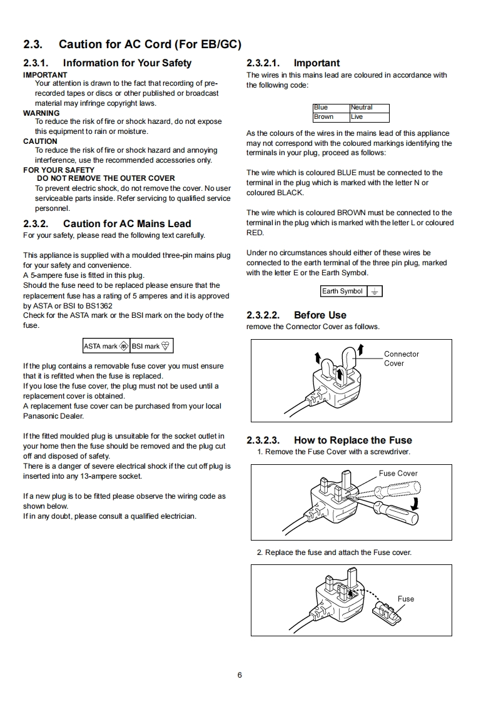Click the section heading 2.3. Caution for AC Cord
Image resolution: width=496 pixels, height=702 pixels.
tap(132, 44)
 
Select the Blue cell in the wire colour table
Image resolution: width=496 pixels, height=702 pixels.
tap(331, 108)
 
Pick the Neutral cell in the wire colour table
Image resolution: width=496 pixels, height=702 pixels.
tap(369, 108)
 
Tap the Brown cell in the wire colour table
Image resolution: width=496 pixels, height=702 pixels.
tap(331, 117)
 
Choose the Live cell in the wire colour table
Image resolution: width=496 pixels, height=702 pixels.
tap(369, 117)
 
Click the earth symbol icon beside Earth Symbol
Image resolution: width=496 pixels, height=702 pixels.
tap(374, 292)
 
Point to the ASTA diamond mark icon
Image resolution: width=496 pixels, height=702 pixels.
tap(124, 346)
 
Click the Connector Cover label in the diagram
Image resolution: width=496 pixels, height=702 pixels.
tap(401, 359)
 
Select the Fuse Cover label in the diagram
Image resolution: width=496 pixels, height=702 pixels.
tap(398, 474)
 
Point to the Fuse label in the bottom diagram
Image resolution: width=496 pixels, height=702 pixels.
tap(406, 599)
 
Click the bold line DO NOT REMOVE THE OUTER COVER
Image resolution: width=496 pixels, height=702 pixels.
tap(106, 178)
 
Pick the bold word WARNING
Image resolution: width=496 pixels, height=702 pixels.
tap(41, 113)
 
